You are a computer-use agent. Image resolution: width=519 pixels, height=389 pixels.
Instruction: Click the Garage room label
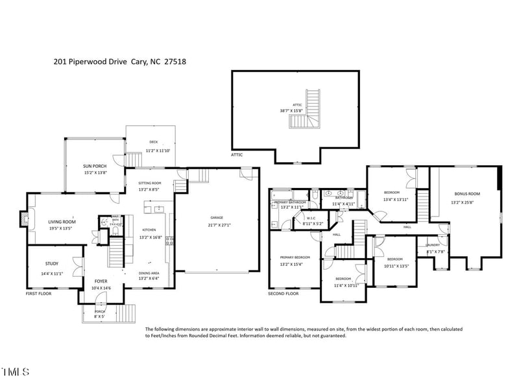point(217,217)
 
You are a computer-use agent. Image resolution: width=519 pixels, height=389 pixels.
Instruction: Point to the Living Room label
point(62,222)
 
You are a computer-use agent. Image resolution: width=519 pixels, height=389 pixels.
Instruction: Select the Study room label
point(52,264)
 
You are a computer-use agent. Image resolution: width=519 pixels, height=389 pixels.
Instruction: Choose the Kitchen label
point(149,230)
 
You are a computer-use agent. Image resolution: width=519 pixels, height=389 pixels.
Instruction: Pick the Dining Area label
point(149,273)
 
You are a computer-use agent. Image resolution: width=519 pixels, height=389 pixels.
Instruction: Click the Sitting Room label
point(149,183)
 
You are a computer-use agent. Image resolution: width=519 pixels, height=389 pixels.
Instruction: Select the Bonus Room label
point(466,194)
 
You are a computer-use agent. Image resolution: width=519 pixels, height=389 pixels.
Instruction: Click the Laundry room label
point(433,244)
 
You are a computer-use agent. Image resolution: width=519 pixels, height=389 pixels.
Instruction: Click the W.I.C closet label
point(311,218)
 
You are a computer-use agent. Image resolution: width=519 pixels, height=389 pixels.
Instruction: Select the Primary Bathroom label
point(290,202)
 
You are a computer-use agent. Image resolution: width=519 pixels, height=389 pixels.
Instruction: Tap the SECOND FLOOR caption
point(283,294)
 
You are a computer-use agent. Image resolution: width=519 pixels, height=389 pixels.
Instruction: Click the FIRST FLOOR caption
point(38,294)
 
